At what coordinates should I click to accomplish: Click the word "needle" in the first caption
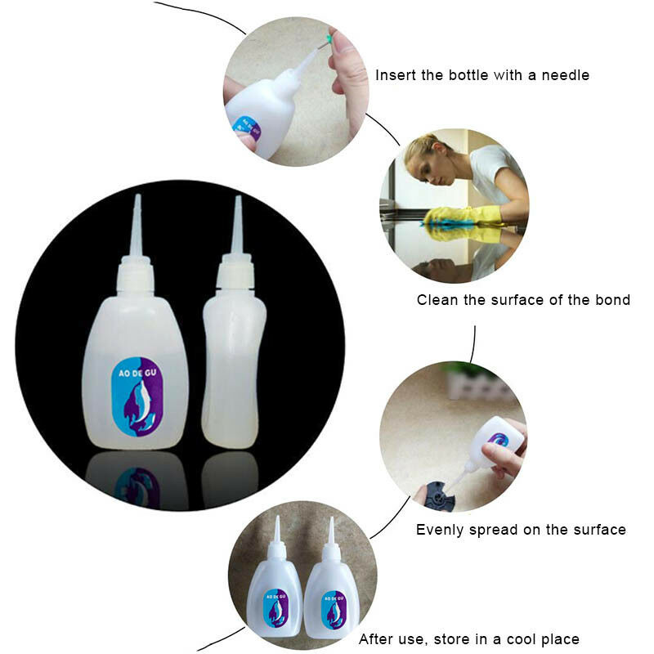565,75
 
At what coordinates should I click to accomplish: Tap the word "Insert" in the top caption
396,75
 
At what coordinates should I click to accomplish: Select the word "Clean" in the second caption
437,300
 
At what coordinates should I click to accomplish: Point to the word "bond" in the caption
612,300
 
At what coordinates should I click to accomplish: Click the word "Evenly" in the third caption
440,530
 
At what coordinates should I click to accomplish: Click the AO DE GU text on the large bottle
137,373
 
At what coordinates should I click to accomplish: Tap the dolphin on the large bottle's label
139,405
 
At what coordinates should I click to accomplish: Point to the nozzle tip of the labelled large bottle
137,195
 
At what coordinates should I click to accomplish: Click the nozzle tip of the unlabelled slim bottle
238,197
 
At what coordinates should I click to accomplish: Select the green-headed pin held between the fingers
329,39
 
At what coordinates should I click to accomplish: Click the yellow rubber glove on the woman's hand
467,215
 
